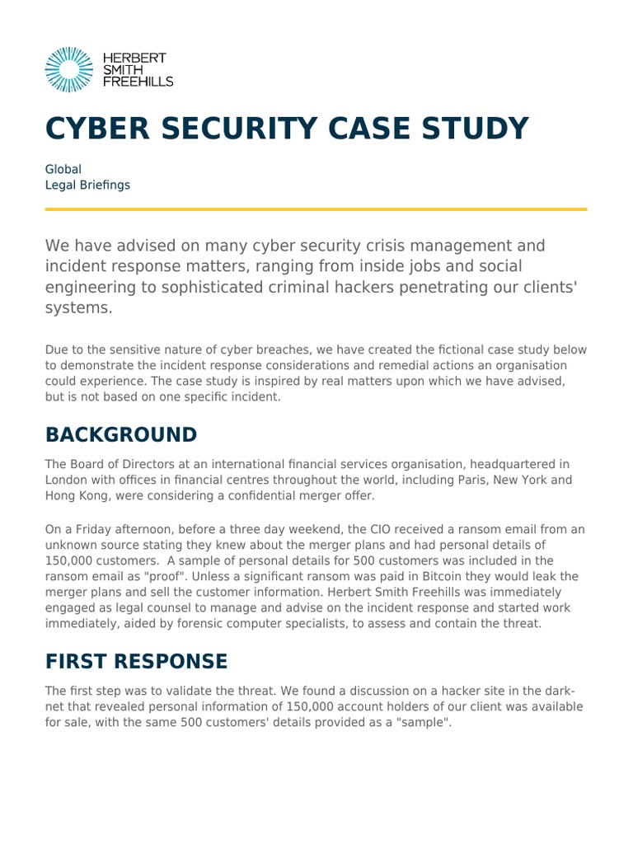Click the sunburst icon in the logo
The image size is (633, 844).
[x=68, y=69]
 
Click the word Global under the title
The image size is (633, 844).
[x=63, y=169]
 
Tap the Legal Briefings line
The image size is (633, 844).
[x=87, y=185]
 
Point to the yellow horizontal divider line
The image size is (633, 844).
[x=316, y=209]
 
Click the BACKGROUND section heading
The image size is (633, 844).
[x=121, y=435]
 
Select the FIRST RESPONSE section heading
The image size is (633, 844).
[x=136, y=662]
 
